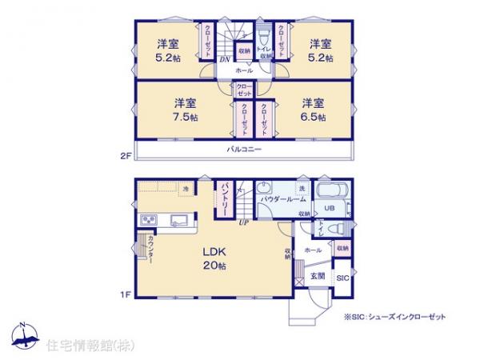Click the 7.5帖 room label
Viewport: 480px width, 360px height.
[186, 117]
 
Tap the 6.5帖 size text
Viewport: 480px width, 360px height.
[314, 117]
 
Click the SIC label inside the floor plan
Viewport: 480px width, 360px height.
[342, 278]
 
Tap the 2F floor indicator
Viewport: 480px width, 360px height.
[126, 156]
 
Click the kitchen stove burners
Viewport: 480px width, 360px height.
[150, 220]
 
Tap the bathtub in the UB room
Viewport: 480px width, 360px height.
[331, 193]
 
